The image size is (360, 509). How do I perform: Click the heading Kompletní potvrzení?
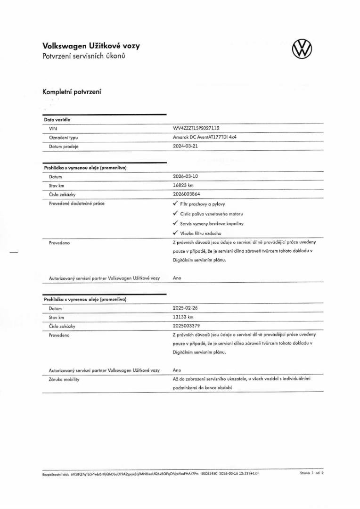[72, 91]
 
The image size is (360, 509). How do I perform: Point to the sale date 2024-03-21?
[186, 146]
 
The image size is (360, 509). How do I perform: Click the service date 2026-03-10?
[186, 176]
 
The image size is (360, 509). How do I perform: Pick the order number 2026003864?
[187, 194]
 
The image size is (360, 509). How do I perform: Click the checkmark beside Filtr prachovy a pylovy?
[175, 204]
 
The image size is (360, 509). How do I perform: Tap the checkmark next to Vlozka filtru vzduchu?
[175, 233]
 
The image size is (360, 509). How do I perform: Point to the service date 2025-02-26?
[186, 308]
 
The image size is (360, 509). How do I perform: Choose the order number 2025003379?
[187, 326]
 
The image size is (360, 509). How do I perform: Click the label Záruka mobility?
[64, 380]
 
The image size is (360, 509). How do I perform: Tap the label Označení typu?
[64, 137]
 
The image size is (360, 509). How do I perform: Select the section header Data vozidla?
[57, 120]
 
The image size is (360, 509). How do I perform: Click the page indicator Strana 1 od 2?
[311, 472]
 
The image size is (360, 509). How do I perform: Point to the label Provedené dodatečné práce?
[77, 204]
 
